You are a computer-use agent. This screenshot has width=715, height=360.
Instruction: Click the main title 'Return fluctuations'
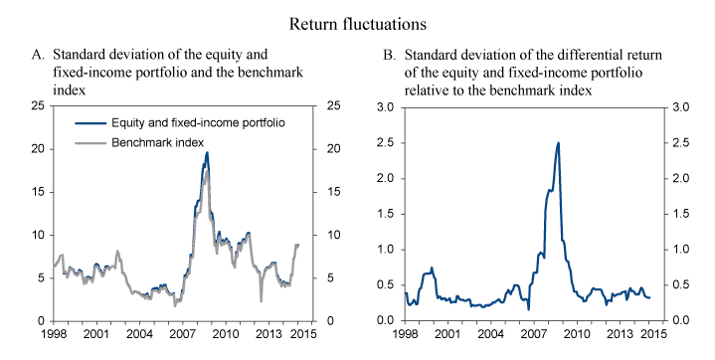[x=357, y=19]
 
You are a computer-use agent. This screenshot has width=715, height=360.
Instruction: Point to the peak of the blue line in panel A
[x=207, y=152]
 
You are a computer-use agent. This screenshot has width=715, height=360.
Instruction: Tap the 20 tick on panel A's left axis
[x=36, y=149]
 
